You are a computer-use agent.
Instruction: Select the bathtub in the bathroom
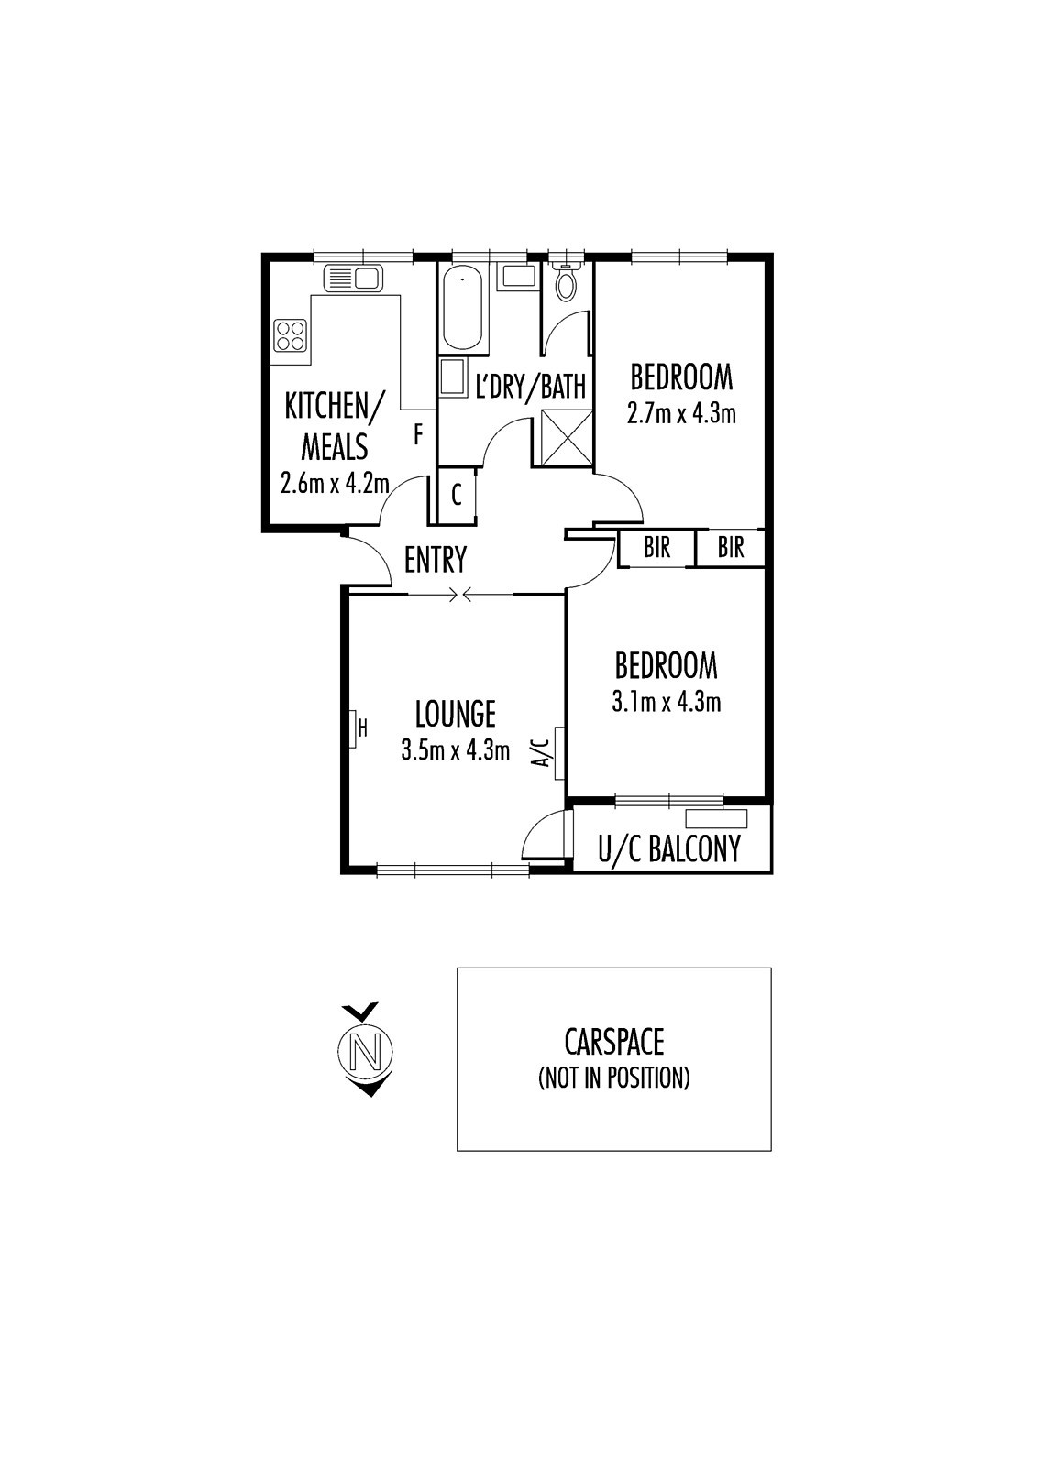pos(464,308)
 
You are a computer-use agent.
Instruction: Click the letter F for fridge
pos(419,434)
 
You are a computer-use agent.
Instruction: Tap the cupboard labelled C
pos(457,496)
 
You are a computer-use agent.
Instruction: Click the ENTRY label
pos(436,560)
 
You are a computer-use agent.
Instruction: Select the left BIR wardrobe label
pos(657,548)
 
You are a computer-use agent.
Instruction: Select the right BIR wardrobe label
pos(731,548)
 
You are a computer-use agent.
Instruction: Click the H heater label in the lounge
pos(362,728)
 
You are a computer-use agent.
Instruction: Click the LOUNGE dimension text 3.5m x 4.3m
pos(456,750)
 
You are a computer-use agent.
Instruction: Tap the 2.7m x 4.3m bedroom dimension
pos(681,413)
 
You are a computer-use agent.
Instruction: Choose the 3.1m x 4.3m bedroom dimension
pos(667,702)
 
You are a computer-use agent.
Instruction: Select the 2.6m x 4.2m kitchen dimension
pos(335,485)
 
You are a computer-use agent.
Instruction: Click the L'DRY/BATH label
pos(531,386)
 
